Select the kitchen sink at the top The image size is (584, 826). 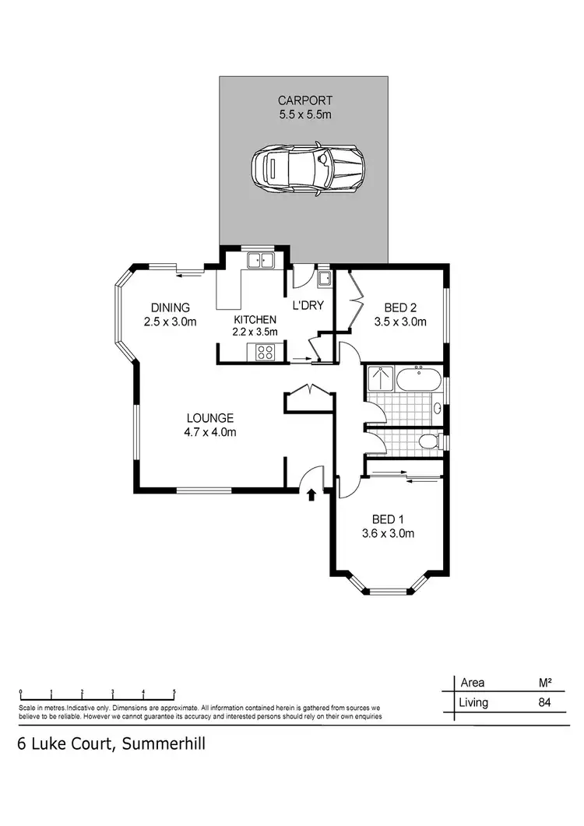tap(260, 261)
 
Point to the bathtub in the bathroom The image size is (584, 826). tap(419, 381)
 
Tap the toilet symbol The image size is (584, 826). tap(427, 441)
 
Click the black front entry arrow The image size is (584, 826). tap(312, 494)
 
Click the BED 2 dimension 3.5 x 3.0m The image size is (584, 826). tap(402, 321)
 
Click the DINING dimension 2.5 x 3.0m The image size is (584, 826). tap(170, 322)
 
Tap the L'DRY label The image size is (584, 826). tap(308, 306)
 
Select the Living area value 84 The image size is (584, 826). tap(544, 703)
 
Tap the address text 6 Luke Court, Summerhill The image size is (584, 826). tap(111, 743)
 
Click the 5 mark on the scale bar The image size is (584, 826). tap(174, 691)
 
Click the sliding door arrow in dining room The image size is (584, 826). tap(188, 272)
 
